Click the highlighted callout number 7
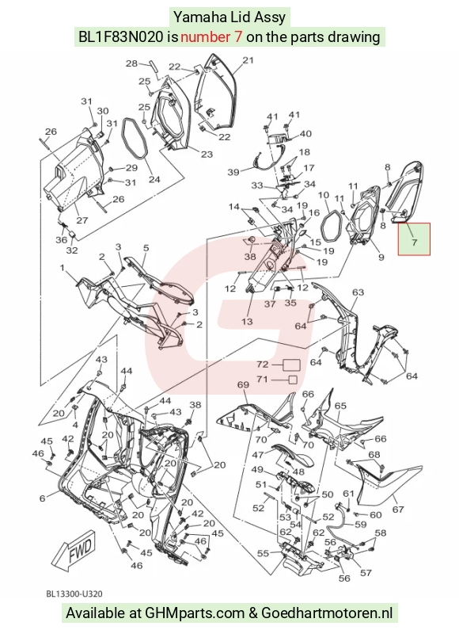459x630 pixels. coord(414,242)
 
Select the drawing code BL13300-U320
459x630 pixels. coord(74,594)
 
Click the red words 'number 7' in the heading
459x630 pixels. coord(211,37)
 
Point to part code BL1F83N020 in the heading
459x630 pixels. coord(120,37)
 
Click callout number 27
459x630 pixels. coord(82,220)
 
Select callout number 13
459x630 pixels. coord(247,321)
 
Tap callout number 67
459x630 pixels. coord(397,510)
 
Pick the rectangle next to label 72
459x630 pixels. coord(292,365)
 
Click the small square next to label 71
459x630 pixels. coord(293,380)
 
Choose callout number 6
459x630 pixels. coord(42,498)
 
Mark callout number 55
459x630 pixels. coord(263,554)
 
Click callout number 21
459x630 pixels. coord(248,60)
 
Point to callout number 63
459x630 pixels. coord(358,292)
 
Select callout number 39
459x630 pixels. coord(233,172)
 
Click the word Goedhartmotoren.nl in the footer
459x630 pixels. coord(327,613)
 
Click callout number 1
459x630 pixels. coord(63,267)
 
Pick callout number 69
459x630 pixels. coord(243,384)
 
